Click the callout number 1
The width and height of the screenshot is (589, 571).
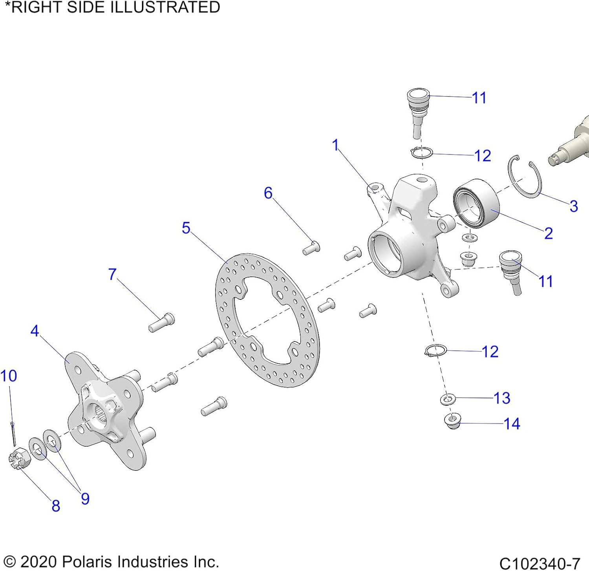coord(335,145)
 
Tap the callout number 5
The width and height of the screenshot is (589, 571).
coord(186,228)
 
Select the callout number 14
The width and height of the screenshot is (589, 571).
coord(512,424)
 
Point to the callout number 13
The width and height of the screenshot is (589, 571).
coord(501,398)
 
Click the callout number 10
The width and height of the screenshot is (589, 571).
coord(9,376)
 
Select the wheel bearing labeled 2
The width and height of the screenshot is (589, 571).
coord(477,203)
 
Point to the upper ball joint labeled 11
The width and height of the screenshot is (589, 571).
coord(418,110)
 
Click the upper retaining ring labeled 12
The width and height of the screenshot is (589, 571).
coord(422,153)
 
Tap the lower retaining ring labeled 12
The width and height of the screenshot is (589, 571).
coord(436,350)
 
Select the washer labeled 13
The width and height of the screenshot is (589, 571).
coord(447,400)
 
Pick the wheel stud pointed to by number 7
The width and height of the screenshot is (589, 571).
coord(162,323)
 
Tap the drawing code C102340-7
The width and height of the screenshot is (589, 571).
coord(540,564)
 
